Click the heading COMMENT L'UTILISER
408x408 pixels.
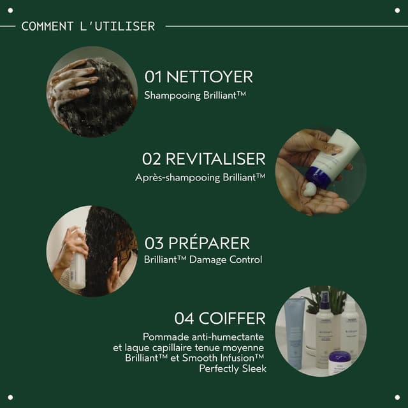tap(88, 26)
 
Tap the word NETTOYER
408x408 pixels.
tap(210, 76)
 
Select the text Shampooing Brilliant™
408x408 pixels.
tap(195, 95)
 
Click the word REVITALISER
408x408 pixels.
tap(215, 159)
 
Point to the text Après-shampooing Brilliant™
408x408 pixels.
tap(200, 177)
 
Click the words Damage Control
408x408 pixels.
tap(226, 259)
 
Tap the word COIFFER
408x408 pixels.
tap(232, 318)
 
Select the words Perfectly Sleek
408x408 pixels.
tap(233, 368)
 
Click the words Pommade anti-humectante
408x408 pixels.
tap(203, 337)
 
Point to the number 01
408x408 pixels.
tap(153, 76)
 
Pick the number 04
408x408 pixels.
tap(184, 318)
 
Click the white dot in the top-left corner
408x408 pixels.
tap(10, 10)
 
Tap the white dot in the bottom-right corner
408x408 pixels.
tap(397, 397)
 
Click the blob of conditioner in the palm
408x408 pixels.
tap(310, 189)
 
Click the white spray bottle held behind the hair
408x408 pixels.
tap(77, 270)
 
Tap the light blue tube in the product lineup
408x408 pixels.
tap(293, 333)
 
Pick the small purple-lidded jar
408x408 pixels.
tap(340, 362)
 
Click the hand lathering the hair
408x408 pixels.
tap(71, 84)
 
